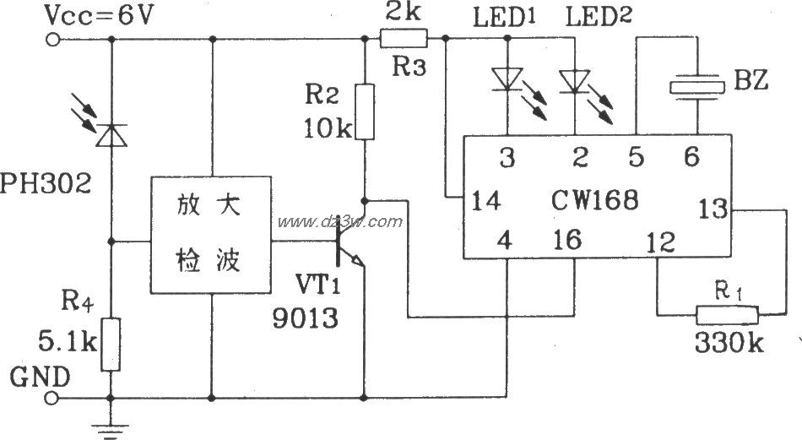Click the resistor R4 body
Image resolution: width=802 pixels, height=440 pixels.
[110, 344]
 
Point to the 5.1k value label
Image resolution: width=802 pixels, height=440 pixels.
[57, 345]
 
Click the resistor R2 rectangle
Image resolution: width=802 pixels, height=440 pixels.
[364, 111]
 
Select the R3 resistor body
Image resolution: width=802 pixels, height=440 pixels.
[404, 38]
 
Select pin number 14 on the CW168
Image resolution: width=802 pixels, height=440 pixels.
[487, 201]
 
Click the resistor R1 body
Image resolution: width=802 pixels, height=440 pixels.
[727, 315]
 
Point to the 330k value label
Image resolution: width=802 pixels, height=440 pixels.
[727, 345]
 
